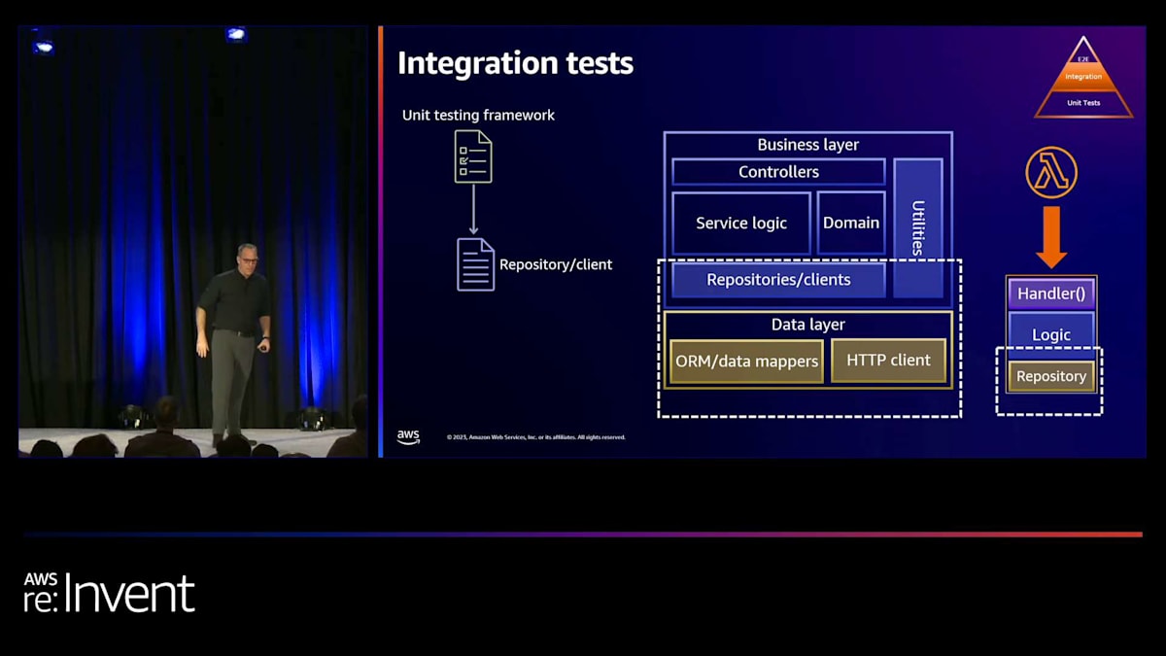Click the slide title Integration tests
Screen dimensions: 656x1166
tap(515, 64)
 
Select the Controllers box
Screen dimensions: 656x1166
tap(778, 172)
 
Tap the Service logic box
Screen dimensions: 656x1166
tap(741, 224)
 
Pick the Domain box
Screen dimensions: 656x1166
tap(851, 223)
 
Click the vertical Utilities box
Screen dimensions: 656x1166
tap(917, 227)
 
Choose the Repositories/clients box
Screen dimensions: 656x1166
tap(778, 280)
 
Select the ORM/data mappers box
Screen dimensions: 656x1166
tap(746, 362)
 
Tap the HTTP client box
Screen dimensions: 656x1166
tap(888, 361)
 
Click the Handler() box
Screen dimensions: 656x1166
tap(1051, 293)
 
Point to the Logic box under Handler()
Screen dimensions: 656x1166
tap(1051, 334)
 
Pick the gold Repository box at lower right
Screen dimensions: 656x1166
tap(1051, 376)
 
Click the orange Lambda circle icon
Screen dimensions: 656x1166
tap(1051, 174)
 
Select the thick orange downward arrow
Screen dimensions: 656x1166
tap(1051, 237)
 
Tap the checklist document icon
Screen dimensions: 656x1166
tap(473, 156)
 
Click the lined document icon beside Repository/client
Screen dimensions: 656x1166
tap(476, 264)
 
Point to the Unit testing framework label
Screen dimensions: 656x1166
tap(478, 116)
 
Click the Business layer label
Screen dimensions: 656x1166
tap(807, 145)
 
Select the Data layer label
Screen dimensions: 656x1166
tap(807, 325)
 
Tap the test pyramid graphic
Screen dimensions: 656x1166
tap(1083, 80)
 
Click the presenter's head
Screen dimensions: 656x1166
tap(247, 255)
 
